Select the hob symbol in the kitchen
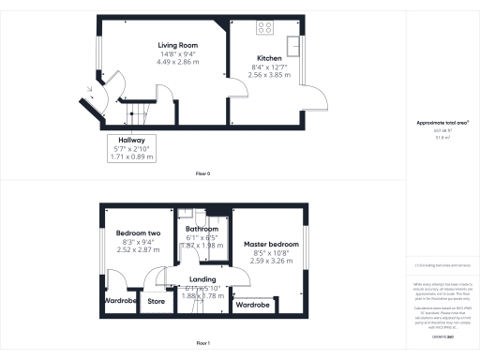(264, 27)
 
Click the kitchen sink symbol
(294, 45)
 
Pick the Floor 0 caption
(202, 174)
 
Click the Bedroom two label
(138, 232)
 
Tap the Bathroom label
(202, 229)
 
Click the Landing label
(202, 279)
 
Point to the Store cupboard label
(154, 301)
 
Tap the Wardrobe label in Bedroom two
(117, 301)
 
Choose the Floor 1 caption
(202, 344)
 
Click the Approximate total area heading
(442, 123)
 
